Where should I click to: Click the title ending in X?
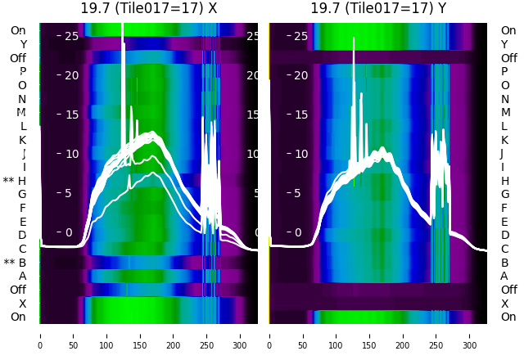(x=149, y=8)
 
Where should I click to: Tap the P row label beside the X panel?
(x=22, y=71)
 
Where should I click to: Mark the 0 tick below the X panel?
(x=39, y=335)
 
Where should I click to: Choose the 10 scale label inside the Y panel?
(x=300, y=154)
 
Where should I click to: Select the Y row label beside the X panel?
(x=23, y=44)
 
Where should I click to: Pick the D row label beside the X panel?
(x=22, y=236)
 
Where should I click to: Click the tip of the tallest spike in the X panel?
(x=122, y=25)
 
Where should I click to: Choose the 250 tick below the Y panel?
(x=436, y=335)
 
